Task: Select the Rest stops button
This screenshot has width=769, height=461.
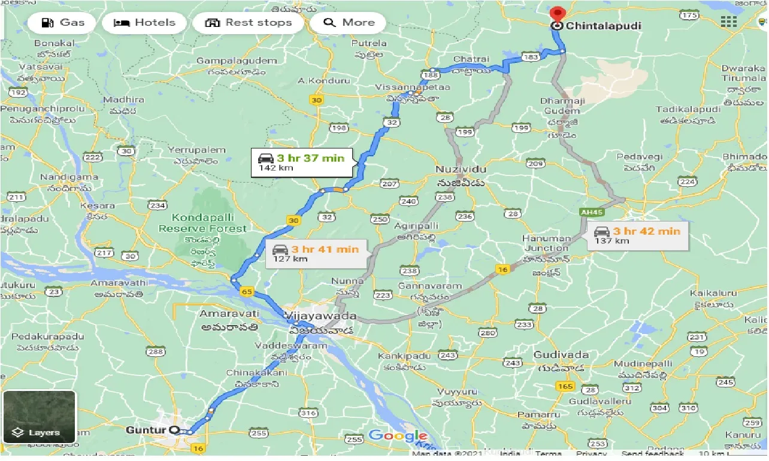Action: point(248,23)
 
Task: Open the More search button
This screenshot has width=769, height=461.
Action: point(349,23)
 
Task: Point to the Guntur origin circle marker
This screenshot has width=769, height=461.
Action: point(174,430)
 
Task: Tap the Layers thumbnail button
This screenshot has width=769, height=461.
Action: point(39,417)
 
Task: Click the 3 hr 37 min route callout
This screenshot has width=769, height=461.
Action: point(302,162)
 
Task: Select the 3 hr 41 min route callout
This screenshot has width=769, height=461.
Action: point(316,253)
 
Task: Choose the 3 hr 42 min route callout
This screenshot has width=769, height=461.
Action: point(637,235)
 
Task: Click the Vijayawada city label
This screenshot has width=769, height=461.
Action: point(321,316)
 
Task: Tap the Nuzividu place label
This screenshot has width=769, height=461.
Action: point(459,169)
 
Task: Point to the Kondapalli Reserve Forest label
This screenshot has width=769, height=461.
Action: point(202,223)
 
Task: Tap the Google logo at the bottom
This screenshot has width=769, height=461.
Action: point(397,436)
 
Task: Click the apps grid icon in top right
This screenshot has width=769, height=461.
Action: point(728,22)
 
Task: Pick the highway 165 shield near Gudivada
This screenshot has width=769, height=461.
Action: point(565,387)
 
